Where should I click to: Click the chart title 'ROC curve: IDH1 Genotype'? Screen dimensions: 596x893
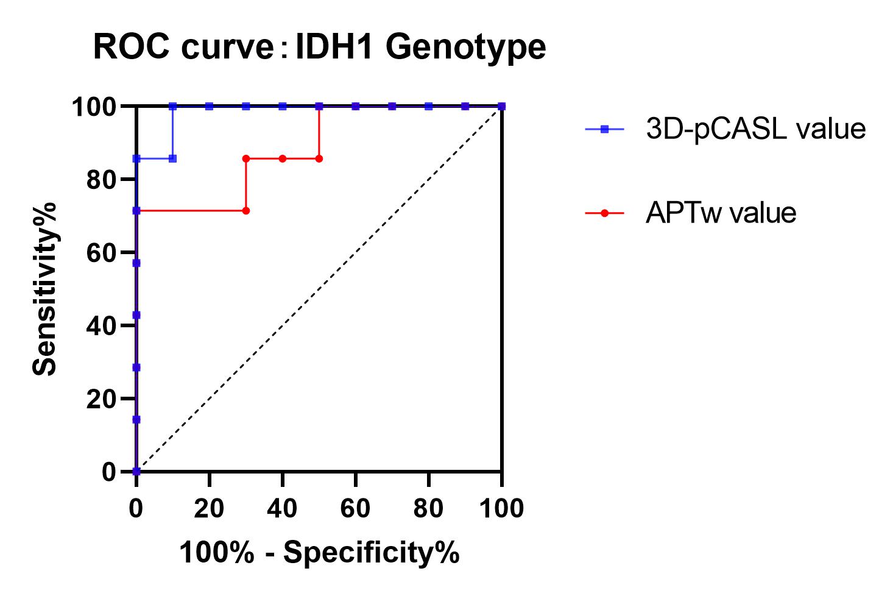click(x=319, y=48)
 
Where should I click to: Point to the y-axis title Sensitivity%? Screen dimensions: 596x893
click(x=44, y=288)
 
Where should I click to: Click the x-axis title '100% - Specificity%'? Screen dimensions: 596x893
click(x=319, y=553)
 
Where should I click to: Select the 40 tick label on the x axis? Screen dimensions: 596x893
click(x=282, y=508)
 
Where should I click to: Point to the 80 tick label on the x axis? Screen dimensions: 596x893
click(x=428, y=508)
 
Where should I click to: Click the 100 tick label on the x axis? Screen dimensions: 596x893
click(x=501, y=508)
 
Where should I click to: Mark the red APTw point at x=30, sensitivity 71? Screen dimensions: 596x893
click(x=246, y=211)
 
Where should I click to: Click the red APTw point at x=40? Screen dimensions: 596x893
click(x=283, y=158)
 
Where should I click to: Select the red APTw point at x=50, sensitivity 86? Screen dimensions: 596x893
click(x=319, y=158)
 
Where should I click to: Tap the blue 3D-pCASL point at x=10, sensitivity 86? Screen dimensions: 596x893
click(x=173, y=158)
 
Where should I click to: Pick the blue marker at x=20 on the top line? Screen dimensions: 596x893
click(x=210, y=106)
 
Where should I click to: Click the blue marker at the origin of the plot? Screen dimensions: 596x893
click(x=136, y=471)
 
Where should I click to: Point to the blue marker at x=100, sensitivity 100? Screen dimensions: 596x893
click(x=501, y=106)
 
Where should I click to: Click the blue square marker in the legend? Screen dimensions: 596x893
click(x=604, y=129)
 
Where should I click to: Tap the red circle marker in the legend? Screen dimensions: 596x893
click(x=604, y=213)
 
